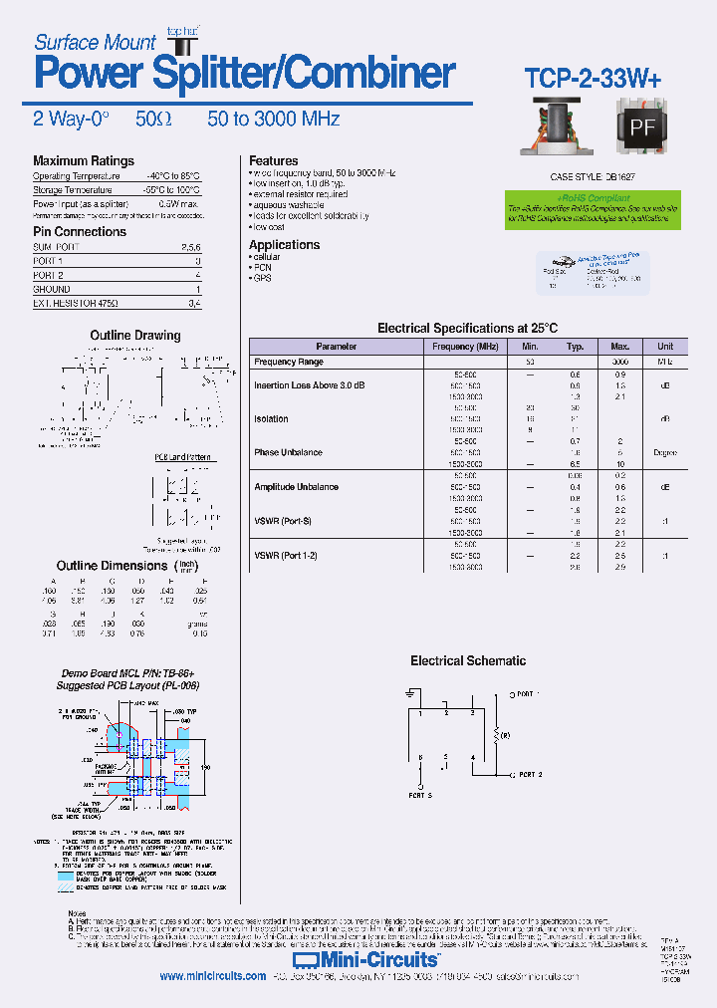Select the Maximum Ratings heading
[x=83, y=161]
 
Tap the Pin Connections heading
[x=80, y=232]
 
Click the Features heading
[x=273, y=160]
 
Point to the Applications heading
[x=284, y=245]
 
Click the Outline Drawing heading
[x=135, y=336]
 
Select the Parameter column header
[x=336, y=347]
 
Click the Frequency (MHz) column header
[x=465, y=347]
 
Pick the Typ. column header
[x=575, y=347]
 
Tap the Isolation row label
[x=271, y=419]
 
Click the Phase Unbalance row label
[x=288, y=452]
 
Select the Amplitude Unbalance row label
[x=296, y=487]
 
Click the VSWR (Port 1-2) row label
[x=285, y=555]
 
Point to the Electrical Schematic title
[x=468, y=660]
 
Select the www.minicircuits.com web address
[x=212, y=976]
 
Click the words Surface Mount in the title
[x=95, y=42]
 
